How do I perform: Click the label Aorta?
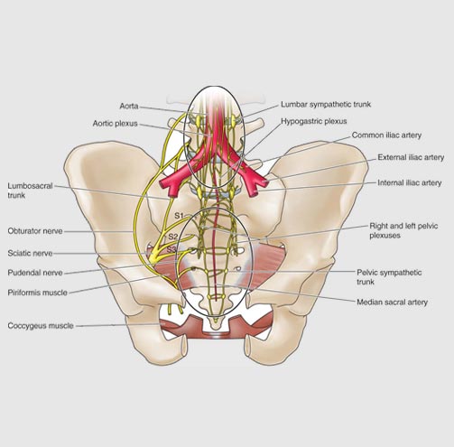tap(129, 107)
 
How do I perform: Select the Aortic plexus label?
tap(115, 124)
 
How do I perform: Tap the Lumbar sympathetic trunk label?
tap(326, 105)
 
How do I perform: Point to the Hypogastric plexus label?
tap(314, 121)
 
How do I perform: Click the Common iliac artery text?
tap(386, 135)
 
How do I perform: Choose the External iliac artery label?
tap(411, 157)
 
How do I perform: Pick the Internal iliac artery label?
tap(410, 183)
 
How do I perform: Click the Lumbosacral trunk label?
tap(30, 191)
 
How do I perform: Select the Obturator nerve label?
tap(35, 231)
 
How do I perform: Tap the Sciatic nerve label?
tap(30, 254)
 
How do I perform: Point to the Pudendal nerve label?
tap(35, 273)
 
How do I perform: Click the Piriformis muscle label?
tap(37, 293)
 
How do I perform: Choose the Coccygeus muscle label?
tap(41, 326)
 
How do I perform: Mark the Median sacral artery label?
tap(392, 303)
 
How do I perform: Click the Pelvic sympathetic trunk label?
tap(389, 277)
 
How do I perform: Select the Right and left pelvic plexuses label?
tap(403, 230)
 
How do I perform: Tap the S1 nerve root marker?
tap(179, 216)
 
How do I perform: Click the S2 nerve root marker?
tap(173, 237)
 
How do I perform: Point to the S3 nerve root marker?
tap(171, 249)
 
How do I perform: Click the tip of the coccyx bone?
tap(215, 329)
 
